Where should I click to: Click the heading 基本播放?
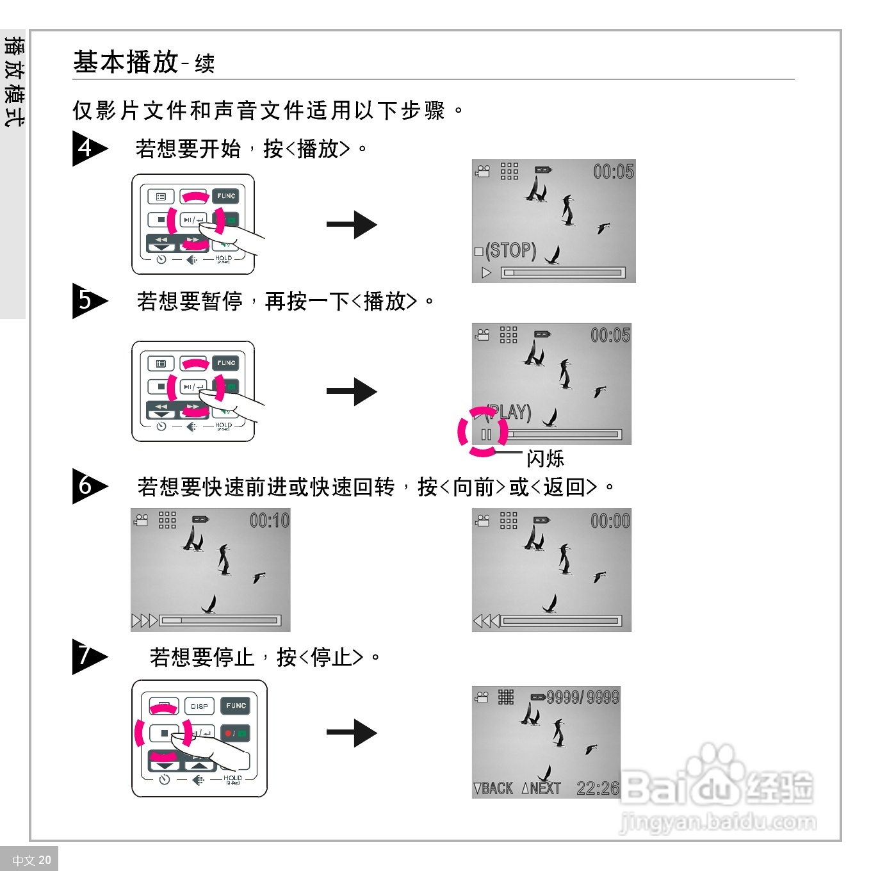(126, 62)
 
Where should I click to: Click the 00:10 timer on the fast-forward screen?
(270, 521)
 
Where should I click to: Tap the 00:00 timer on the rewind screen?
(610, 521)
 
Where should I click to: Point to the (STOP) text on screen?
(510, 250)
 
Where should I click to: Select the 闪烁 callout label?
(545, 459)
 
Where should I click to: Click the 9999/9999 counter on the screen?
(583, 697)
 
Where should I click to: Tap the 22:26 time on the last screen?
(598, 788)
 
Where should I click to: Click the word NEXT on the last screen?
(545, 788)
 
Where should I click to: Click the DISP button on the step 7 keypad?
(199, 706)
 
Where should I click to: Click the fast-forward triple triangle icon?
(144, 621)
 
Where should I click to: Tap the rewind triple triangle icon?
(486, 621)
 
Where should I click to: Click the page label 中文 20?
(31, 860)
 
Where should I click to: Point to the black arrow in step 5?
(352, 392)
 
